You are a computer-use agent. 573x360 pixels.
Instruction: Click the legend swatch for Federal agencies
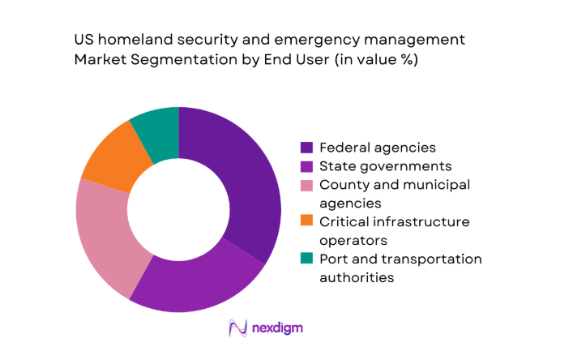tap(306, 148)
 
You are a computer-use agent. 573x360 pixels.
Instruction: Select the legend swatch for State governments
tap(306, 166)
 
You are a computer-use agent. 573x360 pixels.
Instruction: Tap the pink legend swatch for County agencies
tap(306, 185)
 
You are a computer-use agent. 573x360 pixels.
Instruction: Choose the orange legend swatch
tap(306, 221)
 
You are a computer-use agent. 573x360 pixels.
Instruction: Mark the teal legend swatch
tap(306, 259)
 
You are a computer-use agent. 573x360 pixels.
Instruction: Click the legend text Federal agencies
tap(377, 148)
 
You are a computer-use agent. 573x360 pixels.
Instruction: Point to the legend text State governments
tap(385, 166)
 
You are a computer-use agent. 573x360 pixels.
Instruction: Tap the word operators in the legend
tap(354, 240)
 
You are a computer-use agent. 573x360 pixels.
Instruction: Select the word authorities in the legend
tap(357, 277)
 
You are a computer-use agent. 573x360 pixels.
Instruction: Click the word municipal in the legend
tap(440, 185)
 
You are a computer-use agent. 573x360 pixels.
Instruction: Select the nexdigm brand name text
tap(278, 328)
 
